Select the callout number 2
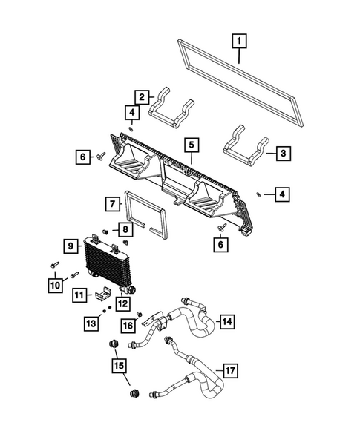click(140, 96)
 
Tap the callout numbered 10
click(55, 283)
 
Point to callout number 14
click(226, 321)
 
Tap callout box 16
click(128, 324)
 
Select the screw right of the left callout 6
click(101, 157)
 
